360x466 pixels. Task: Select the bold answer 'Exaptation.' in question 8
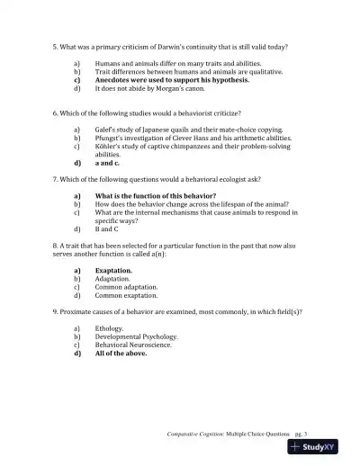pyautogui.click(x=113, y=270)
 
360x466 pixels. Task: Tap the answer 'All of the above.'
pyautogui.click(x=121, y=353)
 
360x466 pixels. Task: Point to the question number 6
pyautogui.click(x=56, y=114)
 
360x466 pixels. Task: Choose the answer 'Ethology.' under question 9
pyautogui.click(x=109, y=328)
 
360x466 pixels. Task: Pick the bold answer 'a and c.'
pyautogui.click(x=107, y=163)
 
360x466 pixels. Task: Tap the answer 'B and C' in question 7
pyautogui.click(x=109, y=229)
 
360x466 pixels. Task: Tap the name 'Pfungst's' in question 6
pyautogui.click(x=110, y=139)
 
